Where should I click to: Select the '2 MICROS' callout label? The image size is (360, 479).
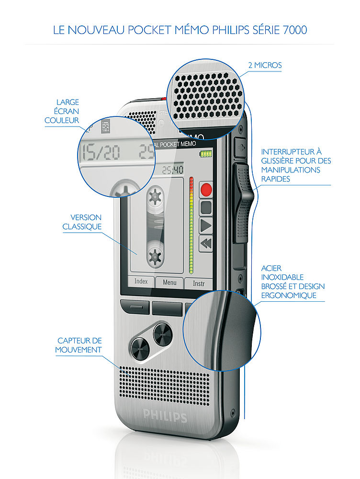click(265, 65)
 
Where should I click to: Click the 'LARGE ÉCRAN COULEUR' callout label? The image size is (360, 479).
click(62, 111)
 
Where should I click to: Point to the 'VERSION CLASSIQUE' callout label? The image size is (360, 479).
click(82, 222)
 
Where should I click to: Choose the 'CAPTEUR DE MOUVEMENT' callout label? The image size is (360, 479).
click(79, 345)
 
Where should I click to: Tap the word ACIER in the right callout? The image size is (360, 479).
click(271, 268)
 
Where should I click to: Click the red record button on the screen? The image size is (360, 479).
click(206, 189)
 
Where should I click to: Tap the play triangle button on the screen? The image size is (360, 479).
click(206, 225)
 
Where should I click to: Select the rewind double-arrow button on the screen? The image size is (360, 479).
click(206, 243)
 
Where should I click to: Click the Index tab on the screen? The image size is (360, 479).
click(141, 282)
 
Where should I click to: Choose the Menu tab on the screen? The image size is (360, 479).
click(169, 283)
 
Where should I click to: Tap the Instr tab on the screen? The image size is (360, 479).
click(198, 283)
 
